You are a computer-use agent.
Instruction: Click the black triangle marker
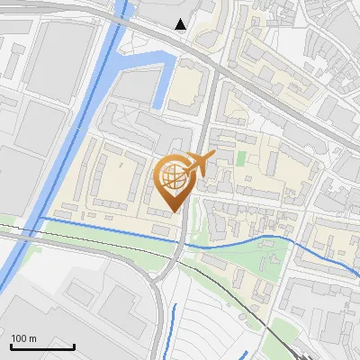(x=182, y=24)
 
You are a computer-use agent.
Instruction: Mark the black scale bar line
(x=42, y=346)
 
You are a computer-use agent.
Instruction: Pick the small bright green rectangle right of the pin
(x=240, y=158)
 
